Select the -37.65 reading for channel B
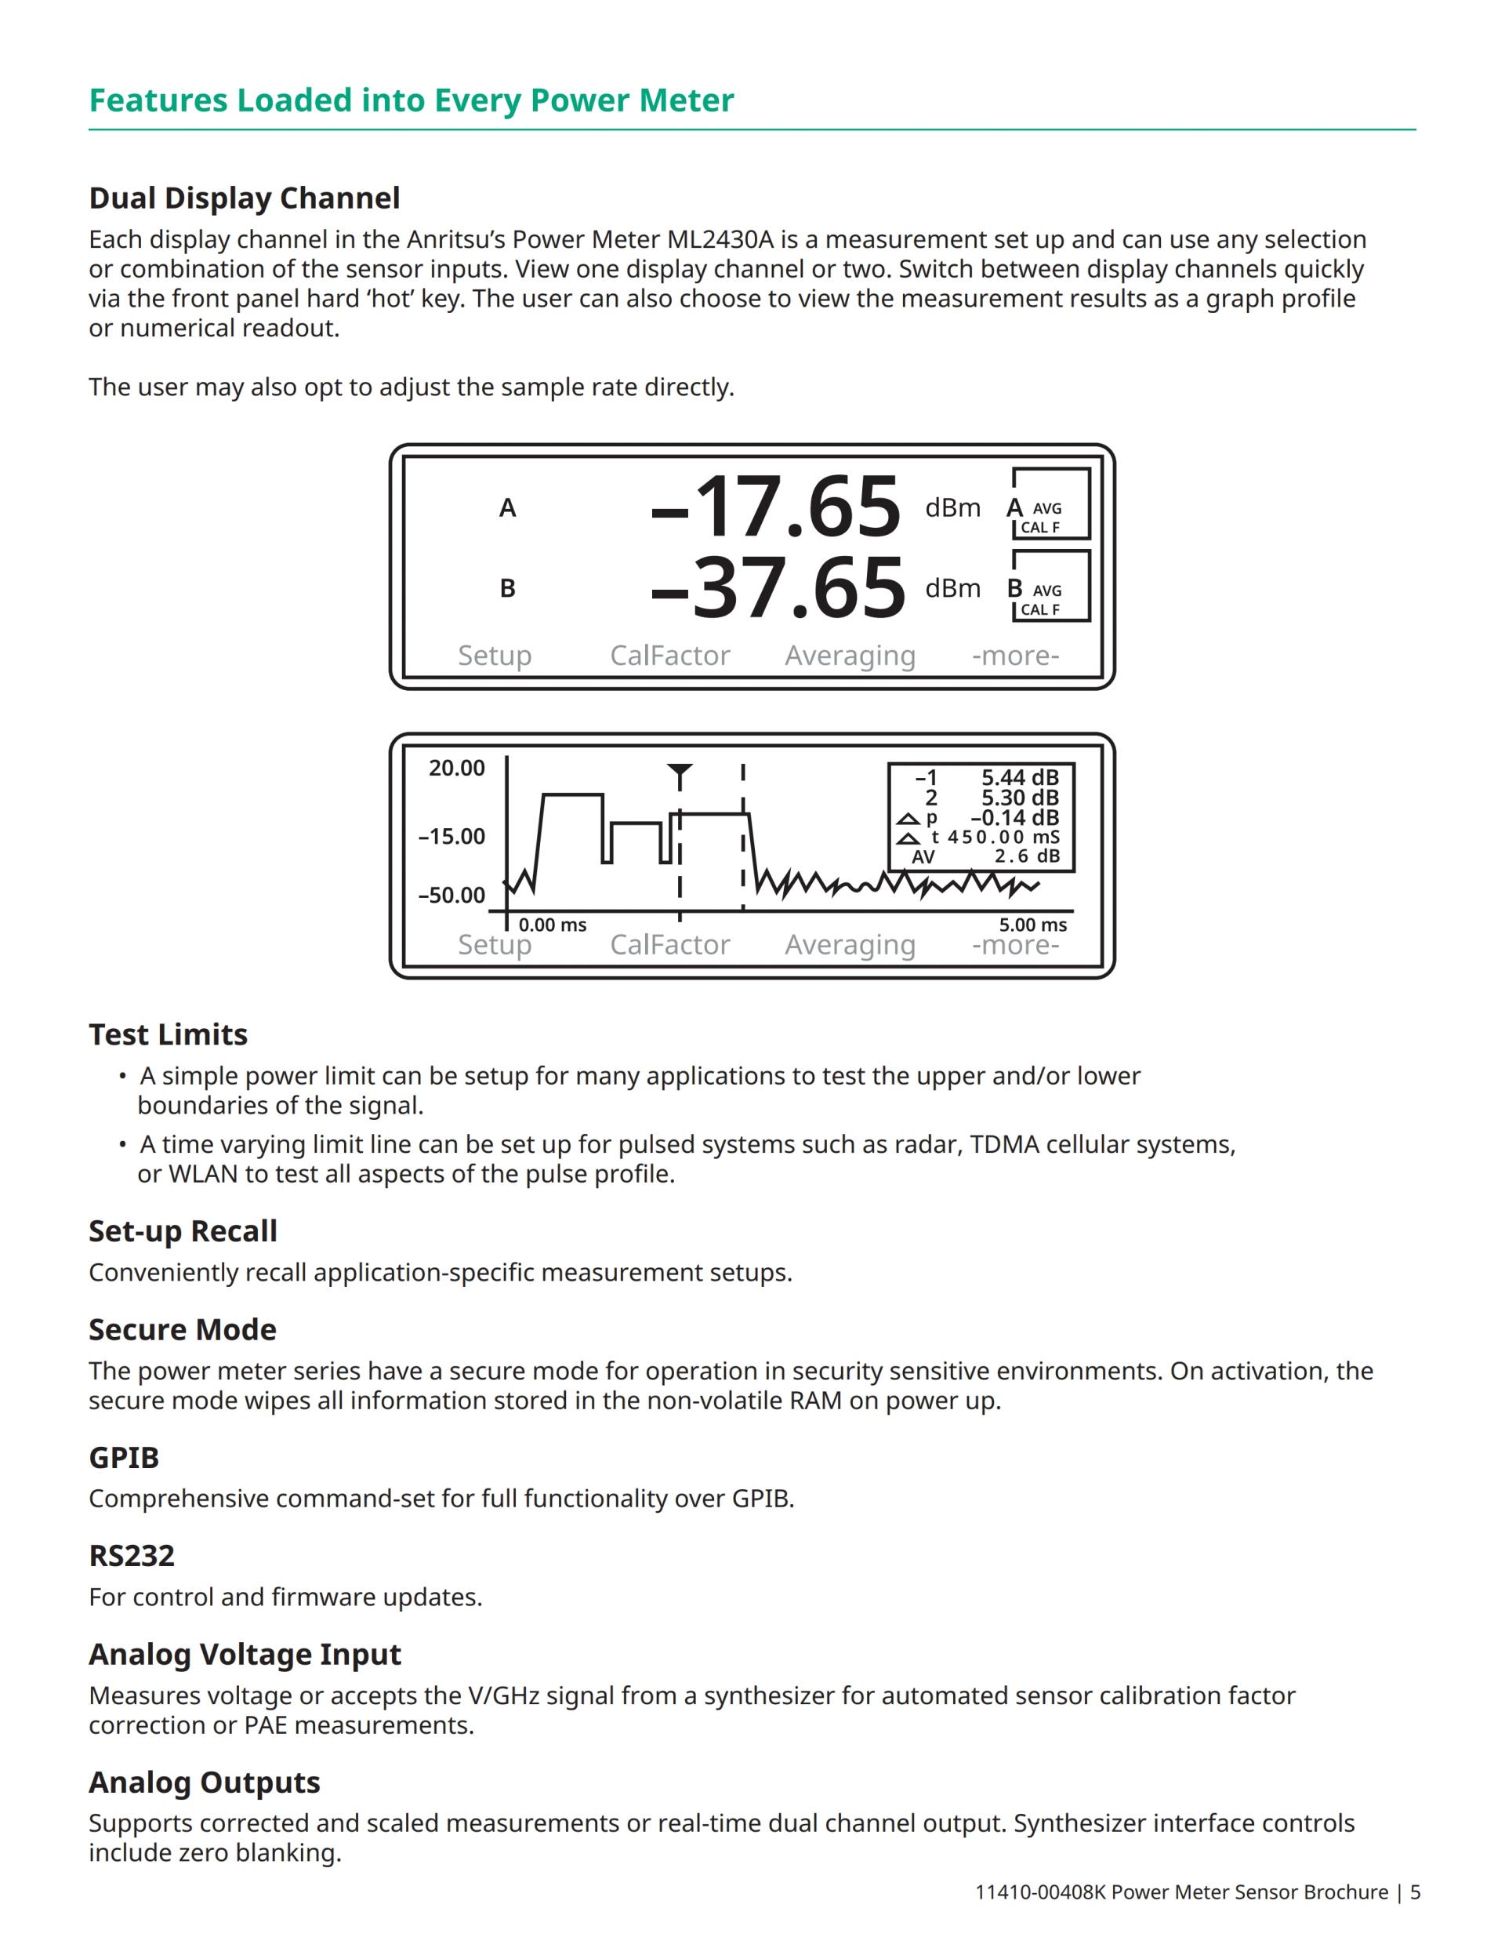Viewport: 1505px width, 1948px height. (x=778, y=588)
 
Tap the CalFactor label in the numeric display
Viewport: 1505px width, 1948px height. (x=669, y=656)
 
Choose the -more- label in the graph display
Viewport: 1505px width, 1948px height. (x=1016, y=944)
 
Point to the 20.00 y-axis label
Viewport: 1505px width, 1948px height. (x=456, y=768)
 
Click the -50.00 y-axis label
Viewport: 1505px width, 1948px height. (x=452, y=896)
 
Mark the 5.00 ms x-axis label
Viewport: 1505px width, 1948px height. (x=1032, y=925)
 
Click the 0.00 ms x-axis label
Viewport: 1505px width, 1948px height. (x=553, y=925)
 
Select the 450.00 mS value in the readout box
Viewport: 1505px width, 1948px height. (x=1003, y=837)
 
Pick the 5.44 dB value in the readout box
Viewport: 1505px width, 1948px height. (x=1020, y=778)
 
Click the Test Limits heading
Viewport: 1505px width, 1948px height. (x=169, y=1034)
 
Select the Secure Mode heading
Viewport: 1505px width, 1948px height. (x=183, y=1330)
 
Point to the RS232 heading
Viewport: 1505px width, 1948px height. (x=132, y=1556)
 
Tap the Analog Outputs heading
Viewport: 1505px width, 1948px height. (x=204, y=1782)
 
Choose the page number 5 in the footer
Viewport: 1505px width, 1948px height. (x=1415, y=1892)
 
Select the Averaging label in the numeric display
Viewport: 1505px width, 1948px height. (x=850, y=656)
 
